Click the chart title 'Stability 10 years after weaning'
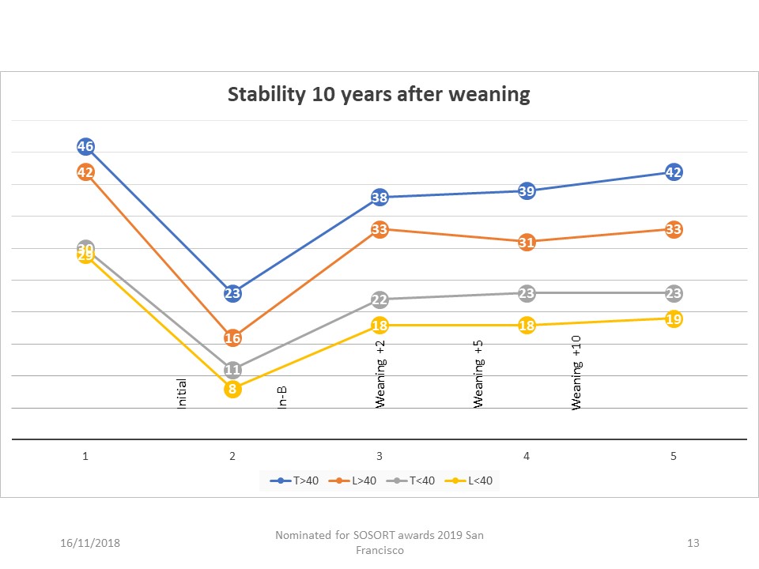[x=379, y=95]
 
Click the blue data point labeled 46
[x=86, y=146]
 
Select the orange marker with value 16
[x=232, y=338]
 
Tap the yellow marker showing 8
[x=232, y=389]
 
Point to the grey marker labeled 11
[x=232, y=370]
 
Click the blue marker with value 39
[x=527, y=190]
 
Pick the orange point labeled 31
[x=527, y=243]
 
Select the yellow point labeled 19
[x=674, y=319]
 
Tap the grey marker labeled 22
[x=379, y=300]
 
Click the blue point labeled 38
[x=379, y=198]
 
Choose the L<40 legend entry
[x=474, y=480]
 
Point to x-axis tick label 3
[x=379, y=456]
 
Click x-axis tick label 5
[x=674, y=456]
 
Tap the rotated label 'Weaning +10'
[x=577, y=383]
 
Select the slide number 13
[x=693, y=543]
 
